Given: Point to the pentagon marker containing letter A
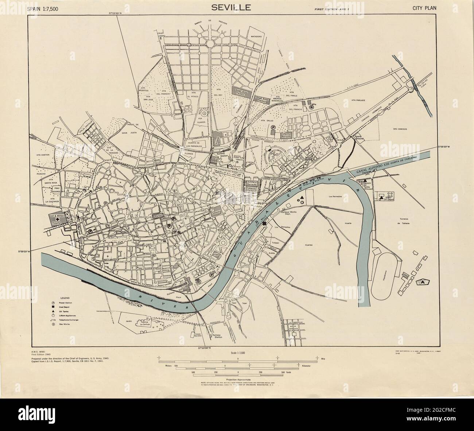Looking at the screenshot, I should click(x=423, y=282).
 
